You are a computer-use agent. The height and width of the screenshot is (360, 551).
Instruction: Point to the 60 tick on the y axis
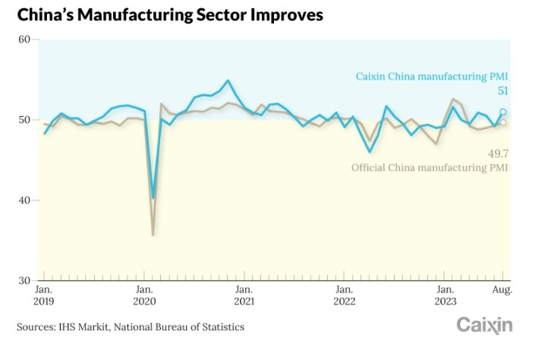[x=23, y=39]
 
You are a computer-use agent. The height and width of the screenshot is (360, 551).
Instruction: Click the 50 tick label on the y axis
[x=23, y=120]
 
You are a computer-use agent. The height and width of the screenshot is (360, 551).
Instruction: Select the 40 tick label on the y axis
[x=23, y=201]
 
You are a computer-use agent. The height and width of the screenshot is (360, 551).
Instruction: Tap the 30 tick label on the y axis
[x=23, y=281]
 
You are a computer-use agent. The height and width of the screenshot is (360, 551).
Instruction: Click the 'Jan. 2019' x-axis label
[x=44, y=295]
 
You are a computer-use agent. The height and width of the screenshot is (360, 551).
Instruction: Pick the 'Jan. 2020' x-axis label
[x=144, y=295]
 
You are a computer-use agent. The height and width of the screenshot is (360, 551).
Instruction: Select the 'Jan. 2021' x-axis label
[x=244, y=295]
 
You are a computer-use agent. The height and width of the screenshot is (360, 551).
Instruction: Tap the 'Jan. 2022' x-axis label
[x=344, y=295]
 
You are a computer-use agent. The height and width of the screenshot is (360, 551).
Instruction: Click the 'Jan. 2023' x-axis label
[x=444, y=295]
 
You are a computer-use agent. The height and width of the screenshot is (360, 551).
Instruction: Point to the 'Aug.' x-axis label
[x=502, y=290]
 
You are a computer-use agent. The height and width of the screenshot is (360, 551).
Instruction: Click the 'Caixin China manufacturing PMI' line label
[x=432, y=76]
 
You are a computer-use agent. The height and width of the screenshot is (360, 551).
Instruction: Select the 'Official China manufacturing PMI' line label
[x=429, y=167]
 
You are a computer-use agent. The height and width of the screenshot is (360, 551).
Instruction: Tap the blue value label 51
[x=502, y=91]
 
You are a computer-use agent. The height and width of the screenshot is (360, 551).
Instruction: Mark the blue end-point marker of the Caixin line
[x=502, y=112]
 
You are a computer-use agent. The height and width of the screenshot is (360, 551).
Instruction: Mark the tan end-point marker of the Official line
[x=502, y=122]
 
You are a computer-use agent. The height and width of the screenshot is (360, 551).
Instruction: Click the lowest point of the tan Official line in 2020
[x=153, y=235]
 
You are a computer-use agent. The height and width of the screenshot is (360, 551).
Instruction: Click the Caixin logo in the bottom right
[x=484, y=326]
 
